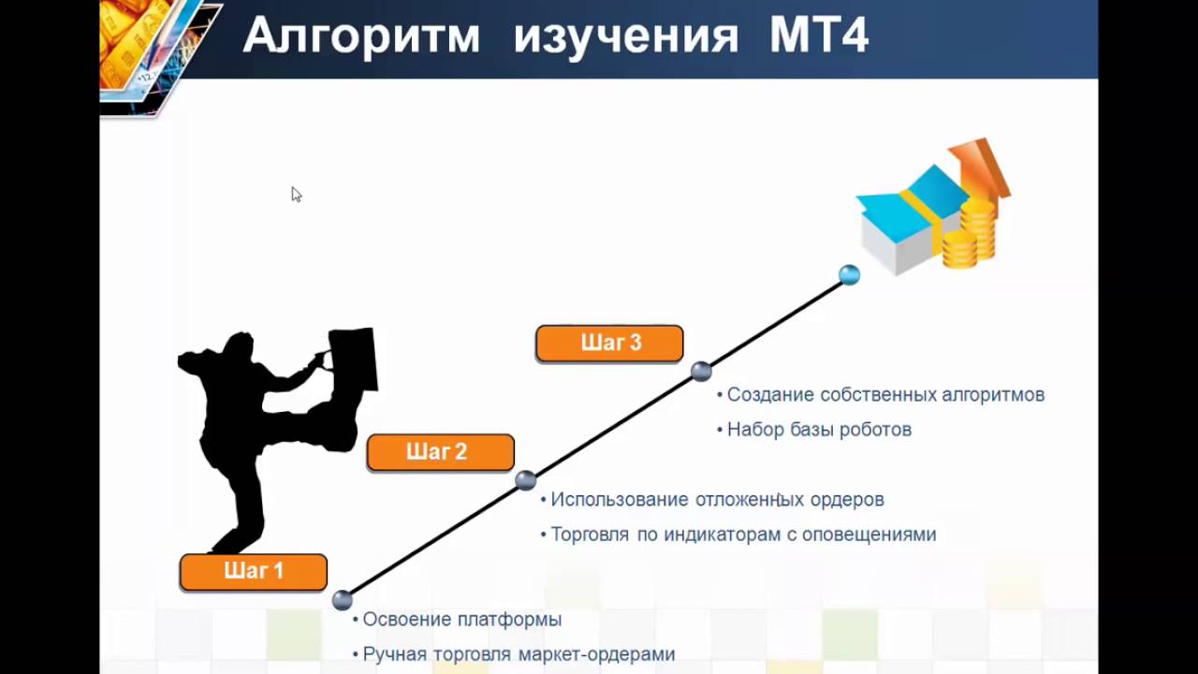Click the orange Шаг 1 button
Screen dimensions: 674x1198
pyautogui.click(x=254, y=572)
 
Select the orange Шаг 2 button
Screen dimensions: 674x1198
pyautogui.click(x=440, y=452)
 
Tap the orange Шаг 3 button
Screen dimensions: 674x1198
pyautogui.click(x=609, y=344)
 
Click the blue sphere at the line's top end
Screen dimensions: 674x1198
pyautogui.click(x=849, y=274)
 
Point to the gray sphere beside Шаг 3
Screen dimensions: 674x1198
pyautogui.click(x=701, y=372)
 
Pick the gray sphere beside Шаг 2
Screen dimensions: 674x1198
pyautogui.click(x=526, y=480)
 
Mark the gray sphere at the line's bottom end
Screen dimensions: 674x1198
pyautogui.click(x=343, y=600)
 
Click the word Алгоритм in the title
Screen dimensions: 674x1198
pyautogui.click(x=361, y=37)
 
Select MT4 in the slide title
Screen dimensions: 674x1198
pyautogui.click(x=819, y=37)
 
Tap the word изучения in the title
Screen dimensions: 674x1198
pyautogui.click(x=626, y=37)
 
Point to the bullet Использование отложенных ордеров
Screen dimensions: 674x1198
pyautogui.click(x=717, y=500)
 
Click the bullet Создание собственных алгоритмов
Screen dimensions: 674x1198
pyautogui.click(x=885, y=395)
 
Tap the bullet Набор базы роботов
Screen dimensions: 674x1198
pyautogui.click(x=819, y=430)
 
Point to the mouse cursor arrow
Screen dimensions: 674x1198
pyautogui.click(x=296, y=194)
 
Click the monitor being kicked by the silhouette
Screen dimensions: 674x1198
pyautogui.click(x=353, y=358)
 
